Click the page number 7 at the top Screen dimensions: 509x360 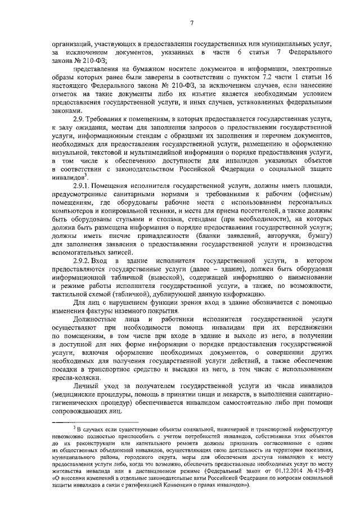[x=191, y=23]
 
